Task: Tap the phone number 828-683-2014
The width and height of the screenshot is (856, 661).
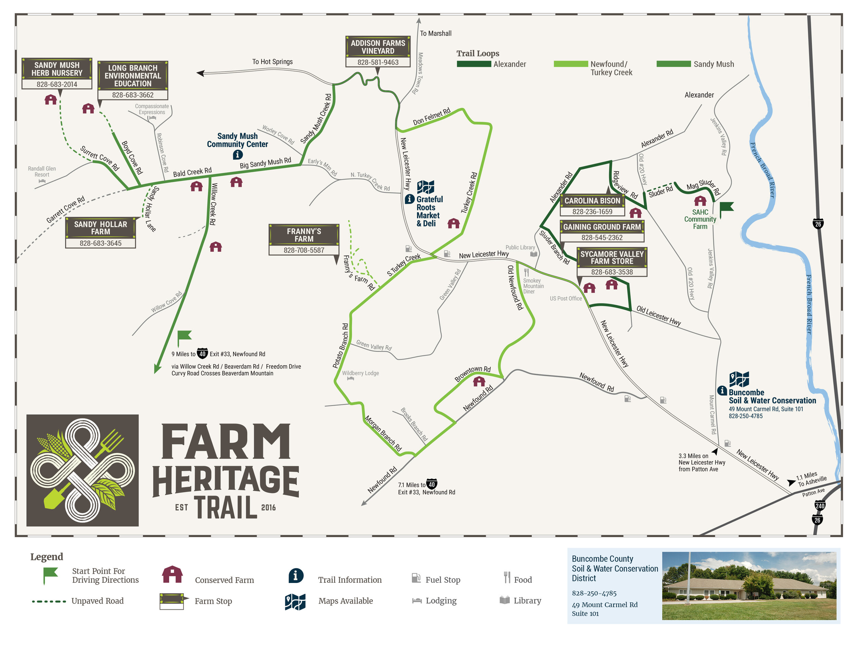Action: (x=57, y=84)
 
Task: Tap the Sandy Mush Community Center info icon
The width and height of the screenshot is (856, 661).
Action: (x=238, y=155)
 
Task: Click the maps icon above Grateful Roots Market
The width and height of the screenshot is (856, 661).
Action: (x=425, y=187)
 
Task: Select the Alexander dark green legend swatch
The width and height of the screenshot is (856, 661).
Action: (x=474, y=64)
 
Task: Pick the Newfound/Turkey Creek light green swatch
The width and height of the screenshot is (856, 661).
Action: (x=571, y=64)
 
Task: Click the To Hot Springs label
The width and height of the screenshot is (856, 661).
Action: (x=273, y=62)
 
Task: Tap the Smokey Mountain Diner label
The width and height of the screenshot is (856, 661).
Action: (x=533, y=286)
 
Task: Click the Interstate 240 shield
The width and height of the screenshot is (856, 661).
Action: (x=820, y=506)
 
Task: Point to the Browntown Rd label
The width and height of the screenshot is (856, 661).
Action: (x=472, y=374)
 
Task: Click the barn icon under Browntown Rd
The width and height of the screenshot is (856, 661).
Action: (x=479, y=381)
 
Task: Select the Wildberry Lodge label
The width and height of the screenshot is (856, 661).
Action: (x=360, y=373)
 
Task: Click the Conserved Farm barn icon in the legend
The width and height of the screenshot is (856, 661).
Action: (x=172, y=574)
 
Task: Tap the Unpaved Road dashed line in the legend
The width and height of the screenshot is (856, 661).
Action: (x=49, y=601)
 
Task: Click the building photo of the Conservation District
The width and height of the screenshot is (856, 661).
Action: (x=748, y=585)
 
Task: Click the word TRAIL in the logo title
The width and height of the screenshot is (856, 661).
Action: (x=226, y=507)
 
